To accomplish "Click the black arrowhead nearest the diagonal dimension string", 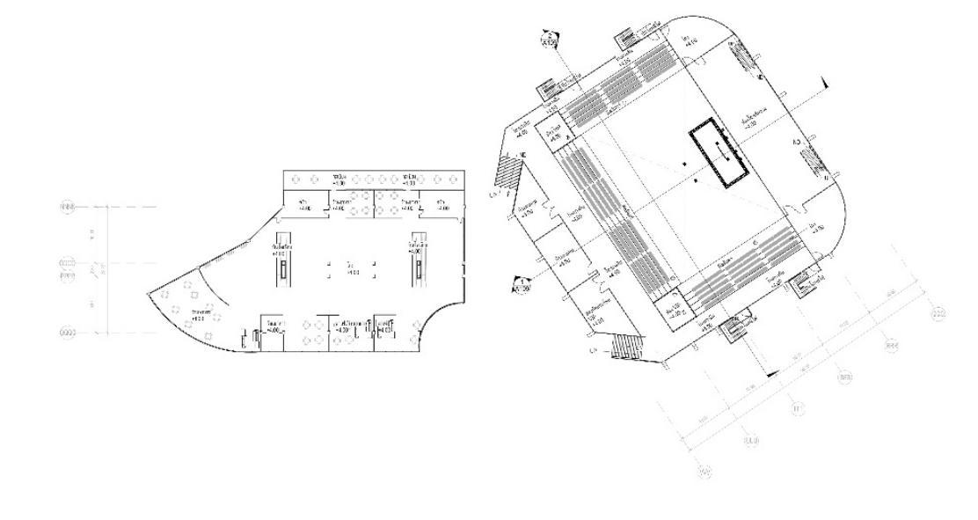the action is coord(772,375).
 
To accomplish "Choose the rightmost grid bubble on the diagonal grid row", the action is coord(938,313).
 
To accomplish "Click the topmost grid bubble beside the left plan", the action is coord(67,207).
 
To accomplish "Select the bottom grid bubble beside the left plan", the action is coord(67,333).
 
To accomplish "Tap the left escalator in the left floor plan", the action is coord(283,259).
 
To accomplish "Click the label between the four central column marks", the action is coord(351,268).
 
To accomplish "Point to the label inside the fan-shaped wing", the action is coord(199,316).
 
